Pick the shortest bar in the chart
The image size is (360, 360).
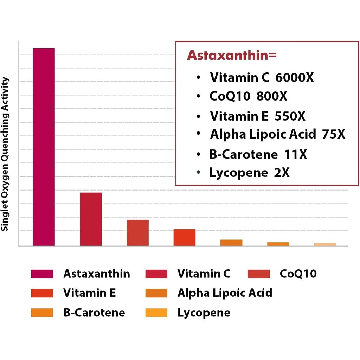tap(325, 244)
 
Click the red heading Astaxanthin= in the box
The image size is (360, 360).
tap(232, 55)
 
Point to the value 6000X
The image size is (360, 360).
tap(294, 77)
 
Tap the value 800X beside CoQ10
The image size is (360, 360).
tap(271, 96)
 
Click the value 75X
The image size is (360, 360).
tap(333, 134)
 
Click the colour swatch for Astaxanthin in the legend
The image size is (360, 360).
tap(42, 274)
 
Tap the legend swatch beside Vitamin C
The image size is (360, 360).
tap(156, 274)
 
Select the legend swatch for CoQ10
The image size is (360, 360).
tap(258, 274)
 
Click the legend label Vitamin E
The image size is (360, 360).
tap(90, 292)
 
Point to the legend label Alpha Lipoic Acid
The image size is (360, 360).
tap(225, 292)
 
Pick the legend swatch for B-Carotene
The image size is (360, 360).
tap(42, 313)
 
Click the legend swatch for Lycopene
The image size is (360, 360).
tap(156, 313)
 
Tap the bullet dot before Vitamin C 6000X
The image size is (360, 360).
tap(199, 77)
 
